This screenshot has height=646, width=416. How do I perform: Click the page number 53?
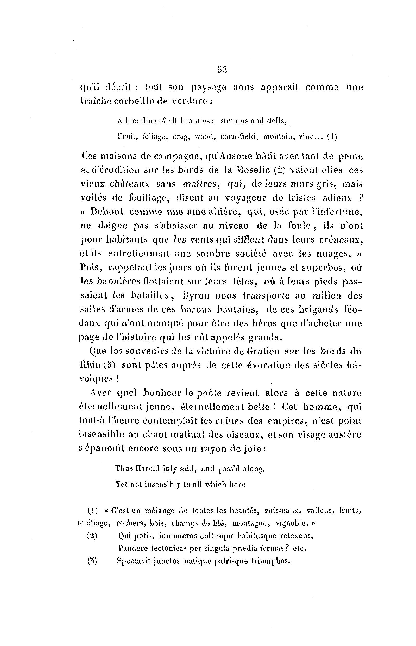tap(222, 70)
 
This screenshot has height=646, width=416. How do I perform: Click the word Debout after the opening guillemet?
tap(107, 212)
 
